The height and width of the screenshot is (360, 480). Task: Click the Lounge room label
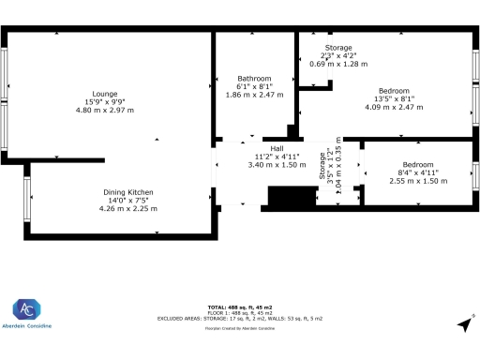[x=104, y=94]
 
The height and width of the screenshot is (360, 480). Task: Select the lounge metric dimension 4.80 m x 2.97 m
[x=104, y=110]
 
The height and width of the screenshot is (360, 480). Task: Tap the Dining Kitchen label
[x=127, y=192]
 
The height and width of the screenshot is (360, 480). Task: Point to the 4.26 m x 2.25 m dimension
[x=127, y=208]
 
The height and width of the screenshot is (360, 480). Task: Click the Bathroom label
[x=254, y=78]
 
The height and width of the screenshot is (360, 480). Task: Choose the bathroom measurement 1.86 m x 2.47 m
[x=254, y=94]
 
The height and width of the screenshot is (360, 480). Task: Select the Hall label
[x=277, y=148]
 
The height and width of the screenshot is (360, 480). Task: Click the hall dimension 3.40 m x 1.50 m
[x=277, y=164]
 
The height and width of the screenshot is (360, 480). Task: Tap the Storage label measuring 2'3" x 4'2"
[x=338, y=48]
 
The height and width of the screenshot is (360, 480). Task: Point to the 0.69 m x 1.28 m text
[x=338, y=64]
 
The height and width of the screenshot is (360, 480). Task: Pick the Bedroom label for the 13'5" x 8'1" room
[x=393, y=91]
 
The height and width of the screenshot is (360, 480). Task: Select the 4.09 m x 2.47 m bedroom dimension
[x=393, y=107]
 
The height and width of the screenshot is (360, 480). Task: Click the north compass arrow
[x=463, y=323]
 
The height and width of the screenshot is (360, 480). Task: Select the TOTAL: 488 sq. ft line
[x=240, y=307]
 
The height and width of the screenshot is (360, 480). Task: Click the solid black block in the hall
[x=287, y=196]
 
